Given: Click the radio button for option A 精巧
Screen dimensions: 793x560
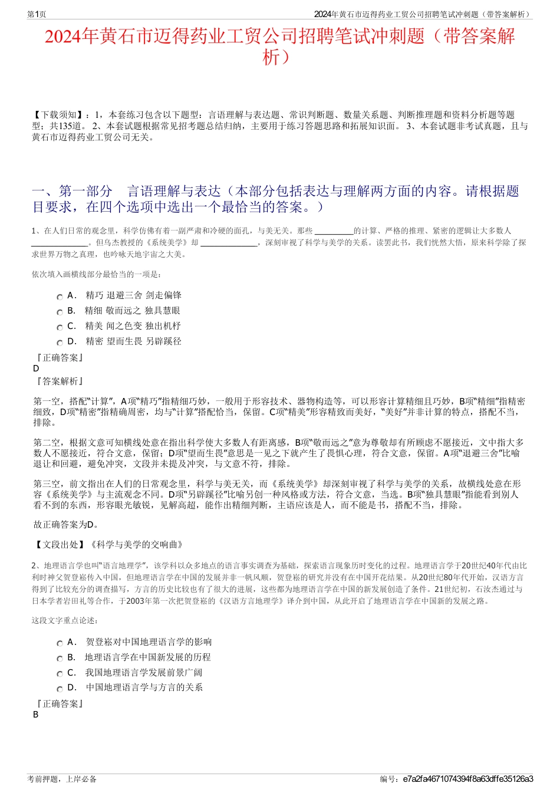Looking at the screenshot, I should coord(60,297).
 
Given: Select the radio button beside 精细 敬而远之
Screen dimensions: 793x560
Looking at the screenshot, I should coord(60,312).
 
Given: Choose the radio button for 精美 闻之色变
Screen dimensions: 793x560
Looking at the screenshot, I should coord(60,328).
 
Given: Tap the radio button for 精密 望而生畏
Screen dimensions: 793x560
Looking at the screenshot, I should coord(60,343).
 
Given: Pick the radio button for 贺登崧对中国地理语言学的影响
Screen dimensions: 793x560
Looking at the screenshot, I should coord(60,644).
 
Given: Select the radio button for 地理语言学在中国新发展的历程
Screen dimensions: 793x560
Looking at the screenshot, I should coord(60,659).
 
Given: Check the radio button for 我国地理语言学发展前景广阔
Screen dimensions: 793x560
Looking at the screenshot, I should coord(60,674).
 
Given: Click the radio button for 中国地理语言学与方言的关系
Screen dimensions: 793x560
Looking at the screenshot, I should coord(60,689).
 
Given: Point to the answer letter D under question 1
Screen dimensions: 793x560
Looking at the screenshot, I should coord(36,368).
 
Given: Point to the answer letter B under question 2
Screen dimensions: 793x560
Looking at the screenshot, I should coord(36,715).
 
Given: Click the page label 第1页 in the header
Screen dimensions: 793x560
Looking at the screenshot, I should coord(37,14).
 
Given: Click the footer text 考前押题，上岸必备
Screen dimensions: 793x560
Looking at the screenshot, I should coord(62,779).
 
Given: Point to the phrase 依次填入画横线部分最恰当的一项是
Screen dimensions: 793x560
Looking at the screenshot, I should coord(96,274).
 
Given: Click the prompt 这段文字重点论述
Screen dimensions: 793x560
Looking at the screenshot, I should coord(65,620).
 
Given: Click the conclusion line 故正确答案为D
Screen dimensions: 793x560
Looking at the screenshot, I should coord(66,525).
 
